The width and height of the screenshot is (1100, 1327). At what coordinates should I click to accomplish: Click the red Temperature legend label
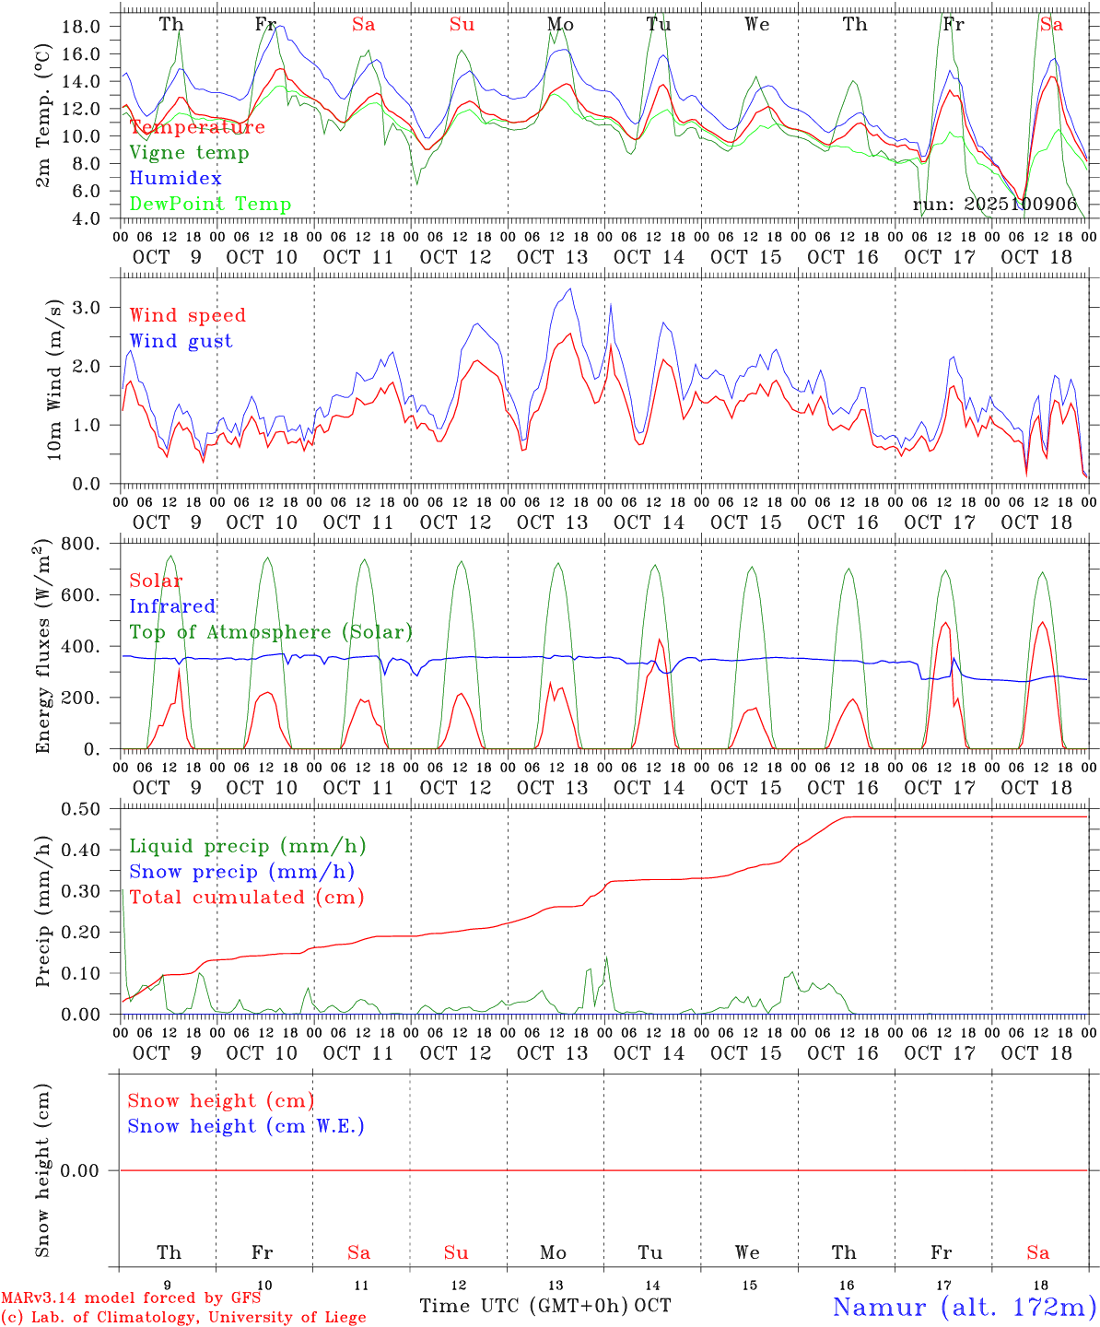click(197, 127)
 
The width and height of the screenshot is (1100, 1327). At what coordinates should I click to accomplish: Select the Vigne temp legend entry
click(189, 153)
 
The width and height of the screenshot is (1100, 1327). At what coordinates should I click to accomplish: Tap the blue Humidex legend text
click(175, 179)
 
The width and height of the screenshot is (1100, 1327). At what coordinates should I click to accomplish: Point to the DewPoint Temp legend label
click(210, 205)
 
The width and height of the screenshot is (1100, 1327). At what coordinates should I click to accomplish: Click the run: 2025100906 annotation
click(995, 205)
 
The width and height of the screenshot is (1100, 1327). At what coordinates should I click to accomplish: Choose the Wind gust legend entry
click(181, 341)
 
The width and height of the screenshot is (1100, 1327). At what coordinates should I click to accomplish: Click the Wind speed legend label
click(188, 315)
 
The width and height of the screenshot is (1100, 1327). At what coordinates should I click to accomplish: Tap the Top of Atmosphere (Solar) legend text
click(271, 632)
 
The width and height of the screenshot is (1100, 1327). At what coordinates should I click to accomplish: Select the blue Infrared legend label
click(172, 606)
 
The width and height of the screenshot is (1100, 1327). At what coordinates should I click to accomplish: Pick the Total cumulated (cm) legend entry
click(247, 898)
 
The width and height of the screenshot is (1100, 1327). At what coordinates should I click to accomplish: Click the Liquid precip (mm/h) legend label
click(248, 846)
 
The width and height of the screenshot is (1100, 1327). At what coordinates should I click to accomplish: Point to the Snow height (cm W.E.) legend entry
click(246, 1126)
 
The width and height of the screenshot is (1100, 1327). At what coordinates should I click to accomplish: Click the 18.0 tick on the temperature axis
click(81, 27)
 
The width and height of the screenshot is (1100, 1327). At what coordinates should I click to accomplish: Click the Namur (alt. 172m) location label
click(964, 1307)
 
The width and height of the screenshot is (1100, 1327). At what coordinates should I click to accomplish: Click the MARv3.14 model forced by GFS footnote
click(131, 1298)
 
